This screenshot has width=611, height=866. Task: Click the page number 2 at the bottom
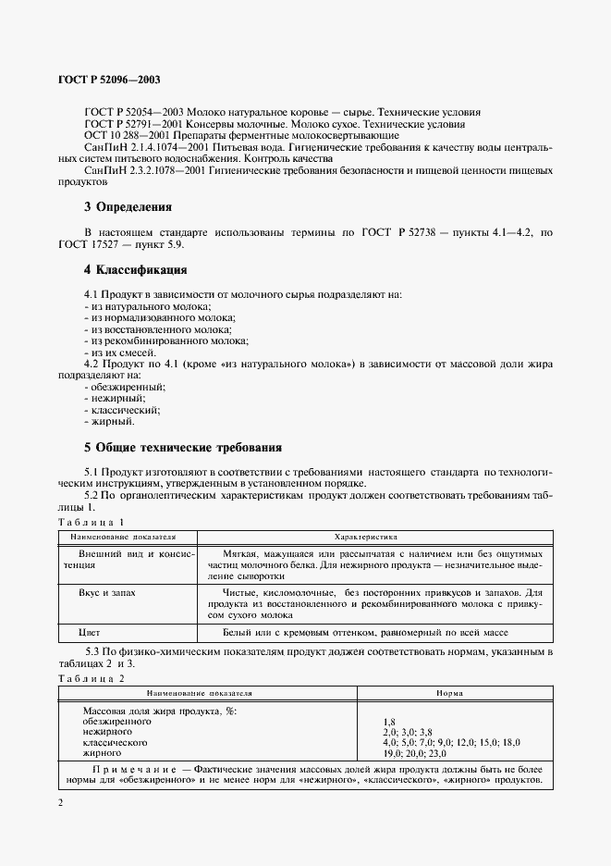[60, 802]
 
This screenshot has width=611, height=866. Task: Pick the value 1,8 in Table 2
[389, 720]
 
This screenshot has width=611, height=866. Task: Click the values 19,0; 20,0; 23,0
[413, 753]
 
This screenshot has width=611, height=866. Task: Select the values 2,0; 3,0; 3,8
[409, 731]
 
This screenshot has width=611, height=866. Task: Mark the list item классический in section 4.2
[124, 410]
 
